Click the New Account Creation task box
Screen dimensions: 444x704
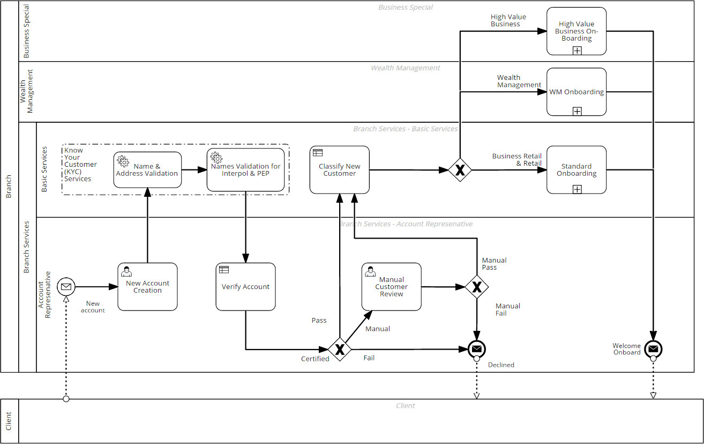tap(147, 287)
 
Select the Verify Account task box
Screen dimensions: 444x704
tap(245, 287)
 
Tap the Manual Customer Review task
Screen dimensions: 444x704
tap(391, 287)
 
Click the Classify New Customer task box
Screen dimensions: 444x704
tap(339, 170)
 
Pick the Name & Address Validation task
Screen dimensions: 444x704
tap(147, 170)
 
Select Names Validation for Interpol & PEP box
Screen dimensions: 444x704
tap(245, 170)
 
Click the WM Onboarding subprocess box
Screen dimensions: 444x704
tap(576, 92)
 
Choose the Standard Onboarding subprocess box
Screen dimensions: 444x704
tap(576, 170)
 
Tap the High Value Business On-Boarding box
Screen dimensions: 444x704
tap(576, 31)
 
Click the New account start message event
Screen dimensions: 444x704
tap(66, 287)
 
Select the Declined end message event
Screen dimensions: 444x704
tap(476, 350)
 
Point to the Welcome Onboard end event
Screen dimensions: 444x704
tap(653, 350)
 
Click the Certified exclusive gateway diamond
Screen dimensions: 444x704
tap(340, 350)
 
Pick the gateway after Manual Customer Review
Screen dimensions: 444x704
tap(476, 287)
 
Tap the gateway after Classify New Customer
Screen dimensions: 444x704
tap(460, 170)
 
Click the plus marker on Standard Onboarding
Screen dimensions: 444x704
tap(576, 189)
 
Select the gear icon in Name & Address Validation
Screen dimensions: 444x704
tap(123, 160)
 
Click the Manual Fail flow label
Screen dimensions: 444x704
tap(507, 309)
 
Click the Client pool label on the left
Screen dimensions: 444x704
tap(9, 421)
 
